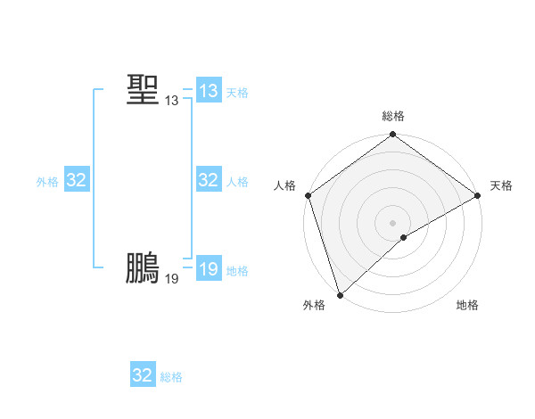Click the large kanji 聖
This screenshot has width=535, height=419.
(143, 89)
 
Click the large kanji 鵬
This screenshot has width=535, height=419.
(143, 267)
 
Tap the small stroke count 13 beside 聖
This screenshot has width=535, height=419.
(171, 102)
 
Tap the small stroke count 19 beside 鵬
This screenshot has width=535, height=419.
(171, 279)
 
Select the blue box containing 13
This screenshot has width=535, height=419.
(209, 91)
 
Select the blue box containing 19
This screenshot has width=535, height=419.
(209, 269)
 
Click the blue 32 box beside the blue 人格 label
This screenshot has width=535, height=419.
(209, 180)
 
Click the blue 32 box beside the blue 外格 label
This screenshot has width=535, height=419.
(76, 180)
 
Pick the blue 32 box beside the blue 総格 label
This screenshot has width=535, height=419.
(143, 375)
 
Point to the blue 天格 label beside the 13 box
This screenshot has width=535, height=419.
(237, 93)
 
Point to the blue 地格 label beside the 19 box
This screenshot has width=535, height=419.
(237, 271)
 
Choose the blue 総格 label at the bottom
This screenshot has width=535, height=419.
(171, 377)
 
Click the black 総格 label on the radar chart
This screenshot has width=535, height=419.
(393, 116)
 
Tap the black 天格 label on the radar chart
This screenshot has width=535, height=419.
(501, 185)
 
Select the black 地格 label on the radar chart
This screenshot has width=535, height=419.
(467, 305)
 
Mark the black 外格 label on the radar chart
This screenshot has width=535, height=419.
(314, 305)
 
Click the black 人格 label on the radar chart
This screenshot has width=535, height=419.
(285, 185)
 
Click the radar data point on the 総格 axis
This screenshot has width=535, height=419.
(393, 136)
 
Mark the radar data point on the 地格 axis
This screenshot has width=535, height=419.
(404, 237)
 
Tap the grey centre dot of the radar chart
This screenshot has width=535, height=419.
(393, 222)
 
